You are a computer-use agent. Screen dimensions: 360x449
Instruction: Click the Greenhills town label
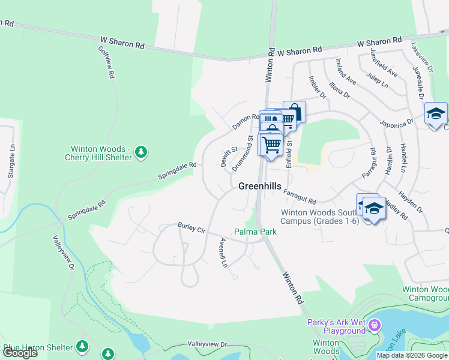tap(259, 186)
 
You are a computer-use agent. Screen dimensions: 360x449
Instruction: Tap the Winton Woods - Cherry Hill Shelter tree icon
tap(141, 152)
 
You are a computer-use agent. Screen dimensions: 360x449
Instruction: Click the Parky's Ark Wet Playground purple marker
tap(375, 326)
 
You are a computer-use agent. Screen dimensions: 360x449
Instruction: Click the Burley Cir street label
tap(191, 228)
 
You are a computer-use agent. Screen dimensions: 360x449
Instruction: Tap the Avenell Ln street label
tap(223, 253)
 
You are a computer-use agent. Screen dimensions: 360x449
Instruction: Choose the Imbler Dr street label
tap(317, 88)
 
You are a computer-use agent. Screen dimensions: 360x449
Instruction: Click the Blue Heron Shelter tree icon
tap(82, 346)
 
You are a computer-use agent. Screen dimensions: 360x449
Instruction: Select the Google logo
tap(20, 353)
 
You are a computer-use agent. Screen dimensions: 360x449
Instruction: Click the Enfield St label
tap(289, 154)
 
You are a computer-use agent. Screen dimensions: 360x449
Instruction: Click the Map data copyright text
tap(412, 355)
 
